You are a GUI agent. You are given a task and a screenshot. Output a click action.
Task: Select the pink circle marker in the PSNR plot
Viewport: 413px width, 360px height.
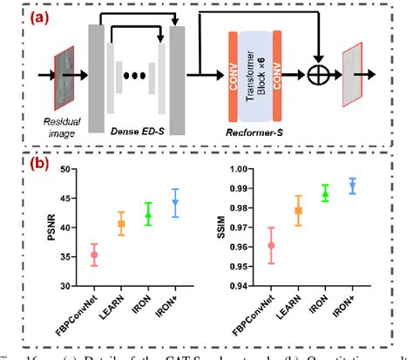(x=95, y=255)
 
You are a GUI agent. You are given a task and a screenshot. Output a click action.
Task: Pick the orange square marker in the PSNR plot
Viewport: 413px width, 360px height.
(x=122, y=224)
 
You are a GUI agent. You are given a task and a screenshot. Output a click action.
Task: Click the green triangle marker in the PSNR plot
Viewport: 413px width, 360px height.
(x=148, y=214)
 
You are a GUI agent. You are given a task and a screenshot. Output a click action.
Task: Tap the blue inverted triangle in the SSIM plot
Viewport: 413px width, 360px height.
(x=352, y=186)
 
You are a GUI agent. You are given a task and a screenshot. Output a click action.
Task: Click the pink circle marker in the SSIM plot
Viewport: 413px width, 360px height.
(x=271, y=245)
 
